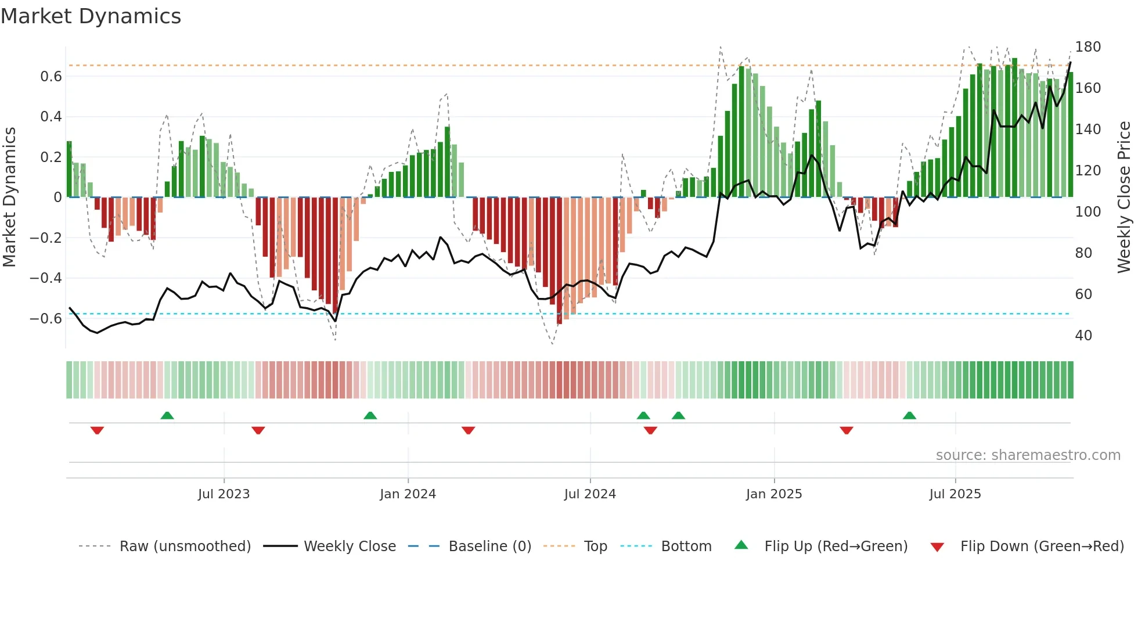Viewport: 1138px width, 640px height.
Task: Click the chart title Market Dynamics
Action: [x=91, y=16]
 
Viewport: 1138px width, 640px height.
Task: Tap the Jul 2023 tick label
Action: [x=224, y=494]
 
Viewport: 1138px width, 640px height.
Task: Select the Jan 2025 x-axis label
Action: [x=773, y=494]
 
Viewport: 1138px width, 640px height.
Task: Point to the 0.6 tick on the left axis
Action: [x=51, y=77]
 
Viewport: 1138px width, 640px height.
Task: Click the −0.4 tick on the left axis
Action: [x=46, y=278]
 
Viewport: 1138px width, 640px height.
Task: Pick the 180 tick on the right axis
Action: [x=1087, y=47]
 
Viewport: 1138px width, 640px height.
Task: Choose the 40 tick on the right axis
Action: [x=1083, y=336]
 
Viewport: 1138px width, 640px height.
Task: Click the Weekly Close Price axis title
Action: [x=1124, y=197]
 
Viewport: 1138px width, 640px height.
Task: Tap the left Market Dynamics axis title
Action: [x=10, y=197]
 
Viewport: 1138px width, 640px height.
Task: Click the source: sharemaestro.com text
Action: [x=1028, y=455]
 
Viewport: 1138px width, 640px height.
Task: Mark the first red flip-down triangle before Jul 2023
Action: [x=97, y=430]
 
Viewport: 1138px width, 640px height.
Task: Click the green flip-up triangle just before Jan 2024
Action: [x=370, y=415]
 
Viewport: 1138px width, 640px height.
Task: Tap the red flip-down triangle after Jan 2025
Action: [x=846, y=430]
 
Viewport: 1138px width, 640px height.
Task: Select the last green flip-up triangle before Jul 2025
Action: [x=909, y=415]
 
